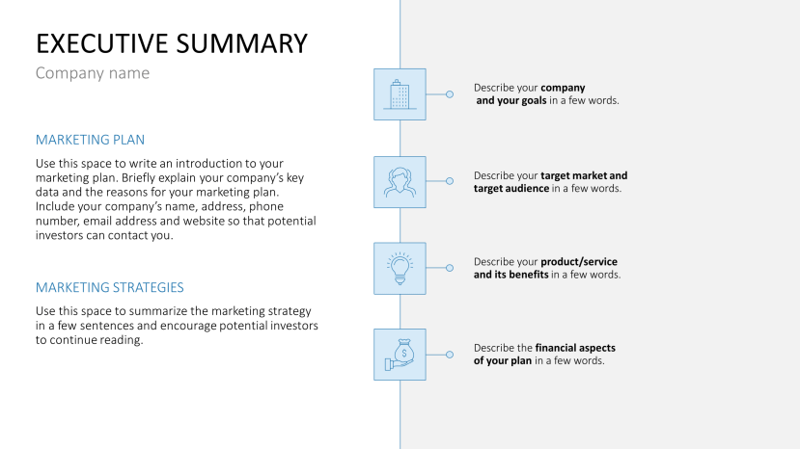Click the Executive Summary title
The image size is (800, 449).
tap(172, 43)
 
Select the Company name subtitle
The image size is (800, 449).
tap(93, 73)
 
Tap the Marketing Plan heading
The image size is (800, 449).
tap(90, 140)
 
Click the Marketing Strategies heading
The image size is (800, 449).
tap(109, 287)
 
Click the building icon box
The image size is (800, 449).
tap(400, 94)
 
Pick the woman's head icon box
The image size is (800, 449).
tap(400, 181)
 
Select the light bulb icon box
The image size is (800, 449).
tap(400, 268)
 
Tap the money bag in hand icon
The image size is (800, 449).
tap(400, 355)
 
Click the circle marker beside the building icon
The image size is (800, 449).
tap(450, 94)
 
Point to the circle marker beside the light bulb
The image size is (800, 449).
tap(450, 268)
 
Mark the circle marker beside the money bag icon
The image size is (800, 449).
tap(450, 355)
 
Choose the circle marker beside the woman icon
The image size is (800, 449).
tap(450, 181)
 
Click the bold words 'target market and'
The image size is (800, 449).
tap(584, 175)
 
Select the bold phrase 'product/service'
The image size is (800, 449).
tap(579, 262)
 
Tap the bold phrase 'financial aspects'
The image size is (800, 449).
tap(575, 348)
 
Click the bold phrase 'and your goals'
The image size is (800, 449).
tap(511, 100)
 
